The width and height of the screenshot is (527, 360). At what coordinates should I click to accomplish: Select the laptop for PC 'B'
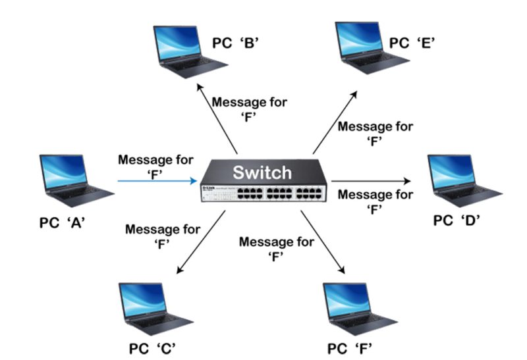point(187,50)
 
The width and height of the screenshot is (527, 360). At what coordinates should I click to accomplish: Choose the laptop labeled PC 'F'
point(359,307)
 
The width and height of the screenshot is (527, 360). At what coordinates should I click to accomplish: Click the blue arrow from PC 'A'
point(158,179)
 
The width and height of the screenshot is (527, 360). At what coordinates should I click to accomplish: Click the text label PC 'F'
point(354,347)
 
